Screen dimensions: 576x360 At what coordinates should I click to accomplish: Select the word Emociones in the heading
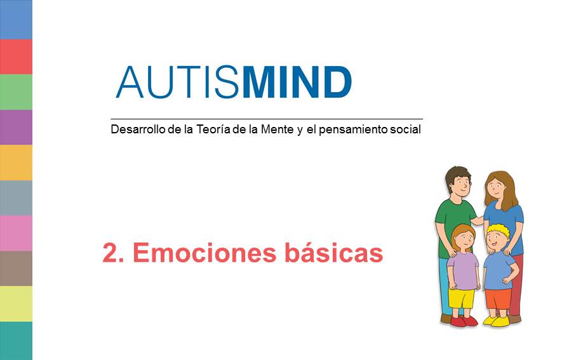tap(204, 252)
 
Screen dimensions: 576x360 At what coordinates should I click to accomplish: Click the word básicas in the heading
tap(333, 252)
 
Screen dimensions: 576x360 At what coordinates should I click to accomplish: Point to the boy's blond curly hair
tap(499, 230)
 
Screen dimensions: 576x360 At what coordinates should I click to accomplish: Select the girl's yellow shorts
tap(462, 298)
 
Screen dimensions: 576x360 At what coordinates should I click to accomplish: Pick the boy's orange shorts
tap(498, 298)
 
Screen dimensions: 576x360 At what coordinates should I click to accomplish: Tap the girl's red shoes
tap(464, 321)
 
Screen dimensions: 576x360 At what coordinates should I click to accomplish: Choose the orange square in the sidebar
tap(16, 163)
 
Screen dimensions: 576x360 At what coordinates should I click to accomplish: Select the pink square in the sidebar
tap(16, 233)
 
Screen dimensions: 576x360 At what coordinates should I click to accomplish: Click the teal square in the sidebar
tap(16, 341)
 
